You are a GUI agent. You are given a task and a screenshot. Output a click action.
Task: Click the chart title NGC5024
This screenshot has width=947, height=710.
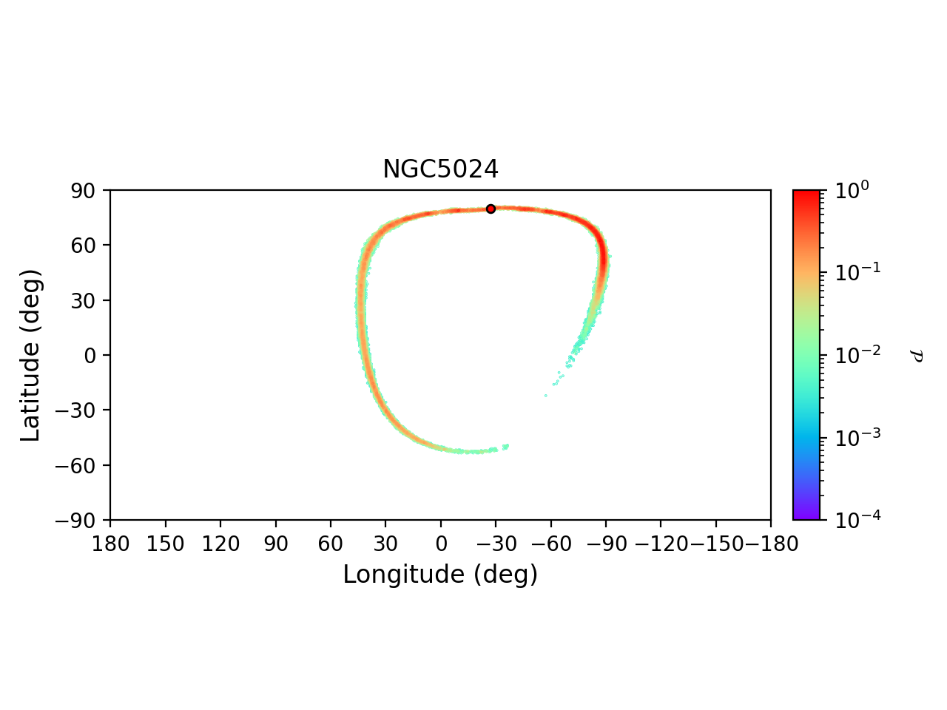[x=440, y=169]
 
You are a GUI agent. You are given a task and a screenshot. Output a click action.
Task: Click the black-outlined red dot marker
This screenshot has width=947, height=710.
[x=491, y=209]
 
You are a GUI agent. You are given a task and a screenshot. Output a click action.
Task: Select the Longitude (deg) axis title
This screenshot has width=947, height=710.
[x=440, y=574]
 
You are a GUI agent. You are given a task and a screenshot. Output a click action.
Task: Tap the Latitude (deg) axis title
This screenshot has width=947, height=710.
[x=31, y=355]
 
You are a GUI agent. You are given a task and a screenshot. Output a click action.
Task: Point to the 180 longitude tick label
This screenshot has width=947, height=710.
[x=110, y=544]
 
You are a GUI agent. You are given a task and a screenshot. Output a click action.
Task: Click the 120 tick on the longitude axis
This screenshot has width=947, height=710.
[x=220, y=544]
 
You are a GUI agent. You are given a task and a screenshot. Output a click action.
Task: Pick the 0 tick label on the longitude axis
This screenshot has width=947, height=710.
[x=441, y=544]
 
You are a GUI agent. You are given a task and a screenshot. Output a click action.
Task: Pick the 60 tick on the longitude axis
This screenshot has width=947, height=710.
[x=331, y=544]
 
